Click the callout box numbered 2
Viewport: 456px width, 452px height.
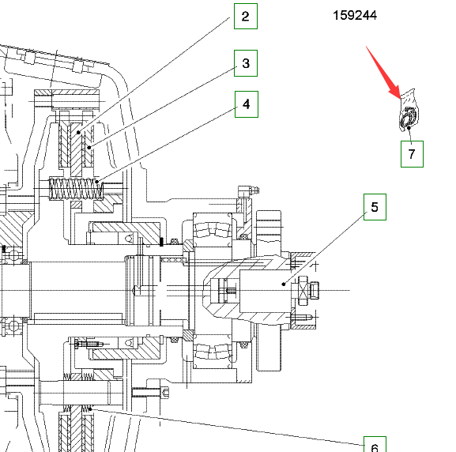coord(246,17)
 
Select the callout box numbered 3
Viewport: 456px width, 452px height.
coord(246,63)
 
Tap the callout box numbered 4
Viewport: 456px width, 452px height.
coord(247,104)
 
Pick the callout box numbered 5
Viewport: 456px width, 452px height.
coord(375,207)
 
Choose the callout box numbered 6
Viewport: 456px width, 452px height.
coord(375,444)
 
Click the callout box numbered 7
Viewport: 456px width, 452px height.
coord(412,154)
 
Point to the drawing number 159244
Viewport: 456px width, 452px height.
coord(355,16)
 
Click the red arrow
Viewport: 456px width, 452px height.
coord(383,73)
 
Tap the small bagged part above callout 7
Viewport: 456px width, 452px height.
coord(409,111)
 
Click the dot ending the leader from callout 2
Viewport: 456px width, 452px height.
coord(78,133)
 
